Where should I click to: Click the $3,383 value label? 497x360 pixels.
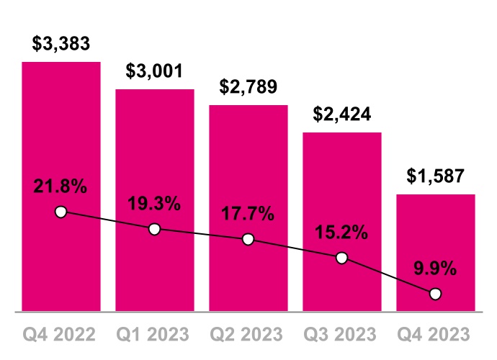coord(61,43)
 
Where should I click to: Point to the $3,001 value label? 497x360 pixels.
coord(155,71)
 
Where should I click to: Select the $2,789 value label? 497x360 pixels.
coord(248,86)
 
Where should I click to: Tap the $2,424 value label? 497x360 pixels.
coord(341,114)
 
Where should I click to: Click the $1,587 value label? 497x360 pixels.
coord(435,176)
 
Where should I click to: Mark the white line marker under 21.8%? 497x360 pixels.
coord(61,212)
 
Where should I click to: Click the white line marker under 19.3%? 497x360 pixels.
coord(154,229)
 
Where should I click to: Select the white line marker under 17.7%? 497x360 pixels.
coord(248,239)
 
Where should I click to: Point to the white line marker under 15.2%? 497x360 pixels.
coord(341,258)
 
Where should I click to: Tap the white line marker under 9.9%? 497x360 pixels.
coord(435,294)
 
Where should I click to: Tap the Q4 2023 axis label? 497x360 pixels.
coord(435,335)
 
